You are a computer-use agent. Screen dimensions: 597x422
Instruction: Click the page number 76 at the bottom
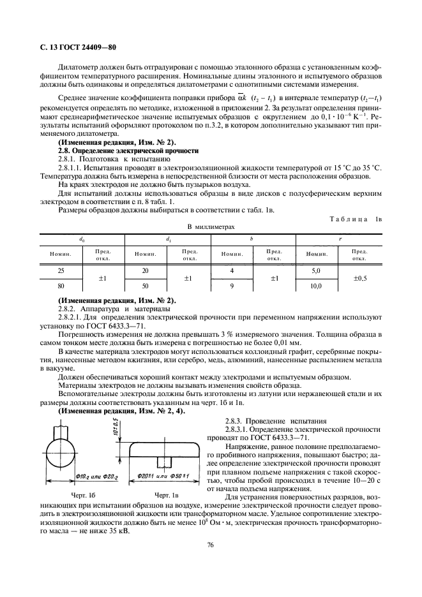pyautogui.click(x=210, y=545)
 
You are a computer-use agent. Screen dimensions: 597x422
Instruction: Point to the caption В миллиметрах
pyautogui.click(x=211, y=226)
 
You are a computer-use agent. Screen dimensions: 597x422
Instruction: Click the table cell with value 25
pyautogui.click(x=61, y=270)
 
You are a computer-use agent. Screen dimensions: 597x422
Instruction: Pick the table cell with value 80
pyautogui.click(x=61, y=286)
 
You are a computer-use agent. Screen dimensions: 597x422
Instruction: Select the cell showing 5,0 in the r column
pyautogui.click(x=315, y=270)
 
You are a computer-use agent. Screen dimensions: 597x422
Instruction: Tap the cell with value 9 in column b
pyautogui.click(x=232, y=286)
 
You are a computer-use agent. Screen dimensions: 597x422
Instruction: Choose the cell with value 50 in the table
pyautogui.click(x=146, y=286)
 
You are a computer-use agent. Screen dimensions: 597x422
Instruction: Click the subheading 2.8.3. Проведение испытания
pyautogui.click(x=266, y=421)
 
